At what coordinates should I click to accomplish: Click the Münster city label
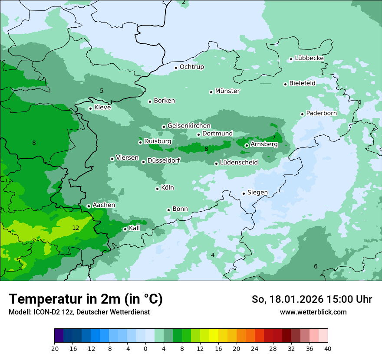tap(227, 91)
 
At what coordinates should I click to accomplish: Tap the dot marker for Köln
tap(158, 189)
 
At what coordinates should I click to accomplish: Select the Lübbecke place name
tap(309, 58)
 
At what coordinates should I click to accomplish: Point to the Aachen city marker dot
tap(89, 206)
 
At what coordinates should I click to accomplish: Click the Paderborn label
tap(321, 113)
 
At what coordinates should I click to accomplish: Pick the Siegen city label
tap(257, 193)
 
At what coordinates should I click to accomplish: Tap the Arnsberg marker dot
tap(247, 145)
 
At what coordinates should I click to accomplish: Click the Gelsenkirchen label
tap(189, 126)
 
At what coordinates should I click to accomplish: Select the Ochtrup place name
tap(191, 67)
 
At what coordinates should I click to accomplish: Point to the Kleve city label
tap(102, 108)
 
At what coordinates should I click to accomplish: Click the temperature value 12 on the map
tap(76, 228)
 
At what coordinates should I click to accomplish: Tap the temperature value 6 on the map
tap(316, 266)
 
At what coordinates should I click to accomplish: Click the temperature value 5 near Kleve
tap(102, 91)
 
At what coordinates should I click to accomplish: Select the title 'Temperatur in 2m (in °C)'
tap(86, 299)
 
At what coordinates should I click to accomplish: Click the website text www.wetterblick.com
tap(313, 312)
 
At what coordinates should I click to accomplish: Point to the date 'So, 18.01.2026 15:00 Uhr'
tap(312, 299)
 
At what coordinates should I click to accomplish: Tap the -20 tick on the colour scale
tap(54, 348)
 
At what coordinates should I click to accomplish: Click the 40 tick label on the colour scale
tap(327, 348)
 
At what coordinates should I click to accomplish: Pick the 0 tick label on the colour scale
tap(145, 348)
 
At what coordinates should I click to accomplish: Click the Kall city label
tap(135, 228)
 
